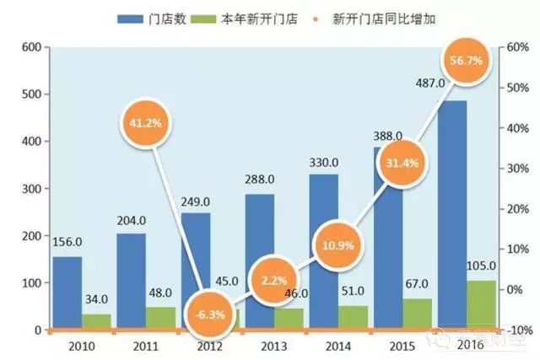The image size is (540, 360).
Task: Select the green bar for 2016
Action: tap(481, 304)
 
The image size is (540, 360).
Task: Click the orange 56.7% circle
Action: tap(467, 62)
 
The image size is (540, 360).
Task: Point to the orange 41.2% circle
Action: tap(144, 122)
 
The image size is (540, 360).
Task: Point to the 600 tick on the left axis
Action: tap(31, 47)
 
